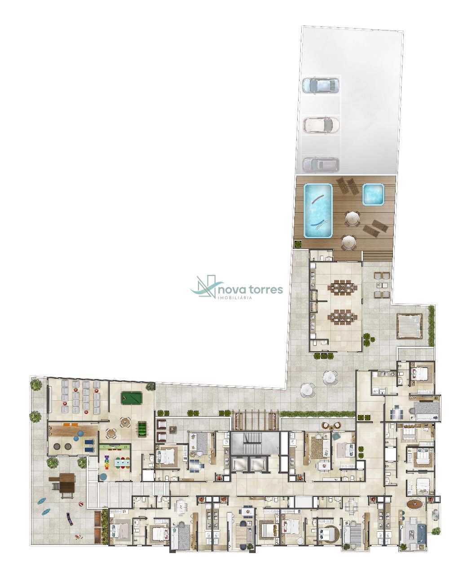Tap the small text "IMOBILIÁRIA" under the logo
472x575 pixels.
[234, 298]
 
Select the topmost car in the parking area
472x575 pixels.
[321, 86]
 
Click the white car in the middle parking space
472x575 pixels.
[322, 125]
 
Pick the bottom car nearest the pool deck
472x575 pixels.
[321, 164]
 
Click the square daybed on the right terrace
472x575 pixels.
[410, 326]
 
